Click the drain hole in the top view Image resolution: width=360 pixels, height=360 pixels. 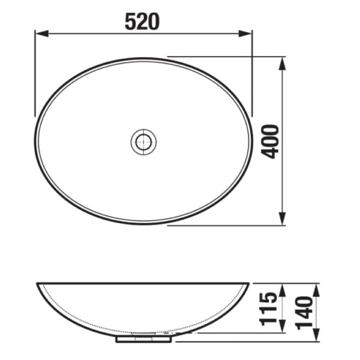(143, 141)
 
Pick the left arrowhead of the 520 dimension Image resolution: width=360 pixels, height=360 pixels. (39, 33)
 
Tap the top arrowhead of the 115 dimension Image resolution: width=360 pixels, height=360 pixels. (283, 288)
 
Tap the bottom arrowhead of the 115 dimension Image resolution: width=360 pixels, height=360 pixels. (283, 328)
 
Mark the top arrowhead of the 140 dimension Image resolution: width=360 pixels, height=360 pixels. (316, 288)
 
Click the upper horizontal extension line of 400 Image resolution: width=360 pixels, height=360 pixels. (223, 56)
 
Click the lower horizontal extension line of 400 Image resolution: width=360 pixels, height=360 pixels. (223, 226)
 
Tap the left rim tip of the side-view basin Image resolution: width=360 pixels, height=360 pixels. (35, 285)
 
